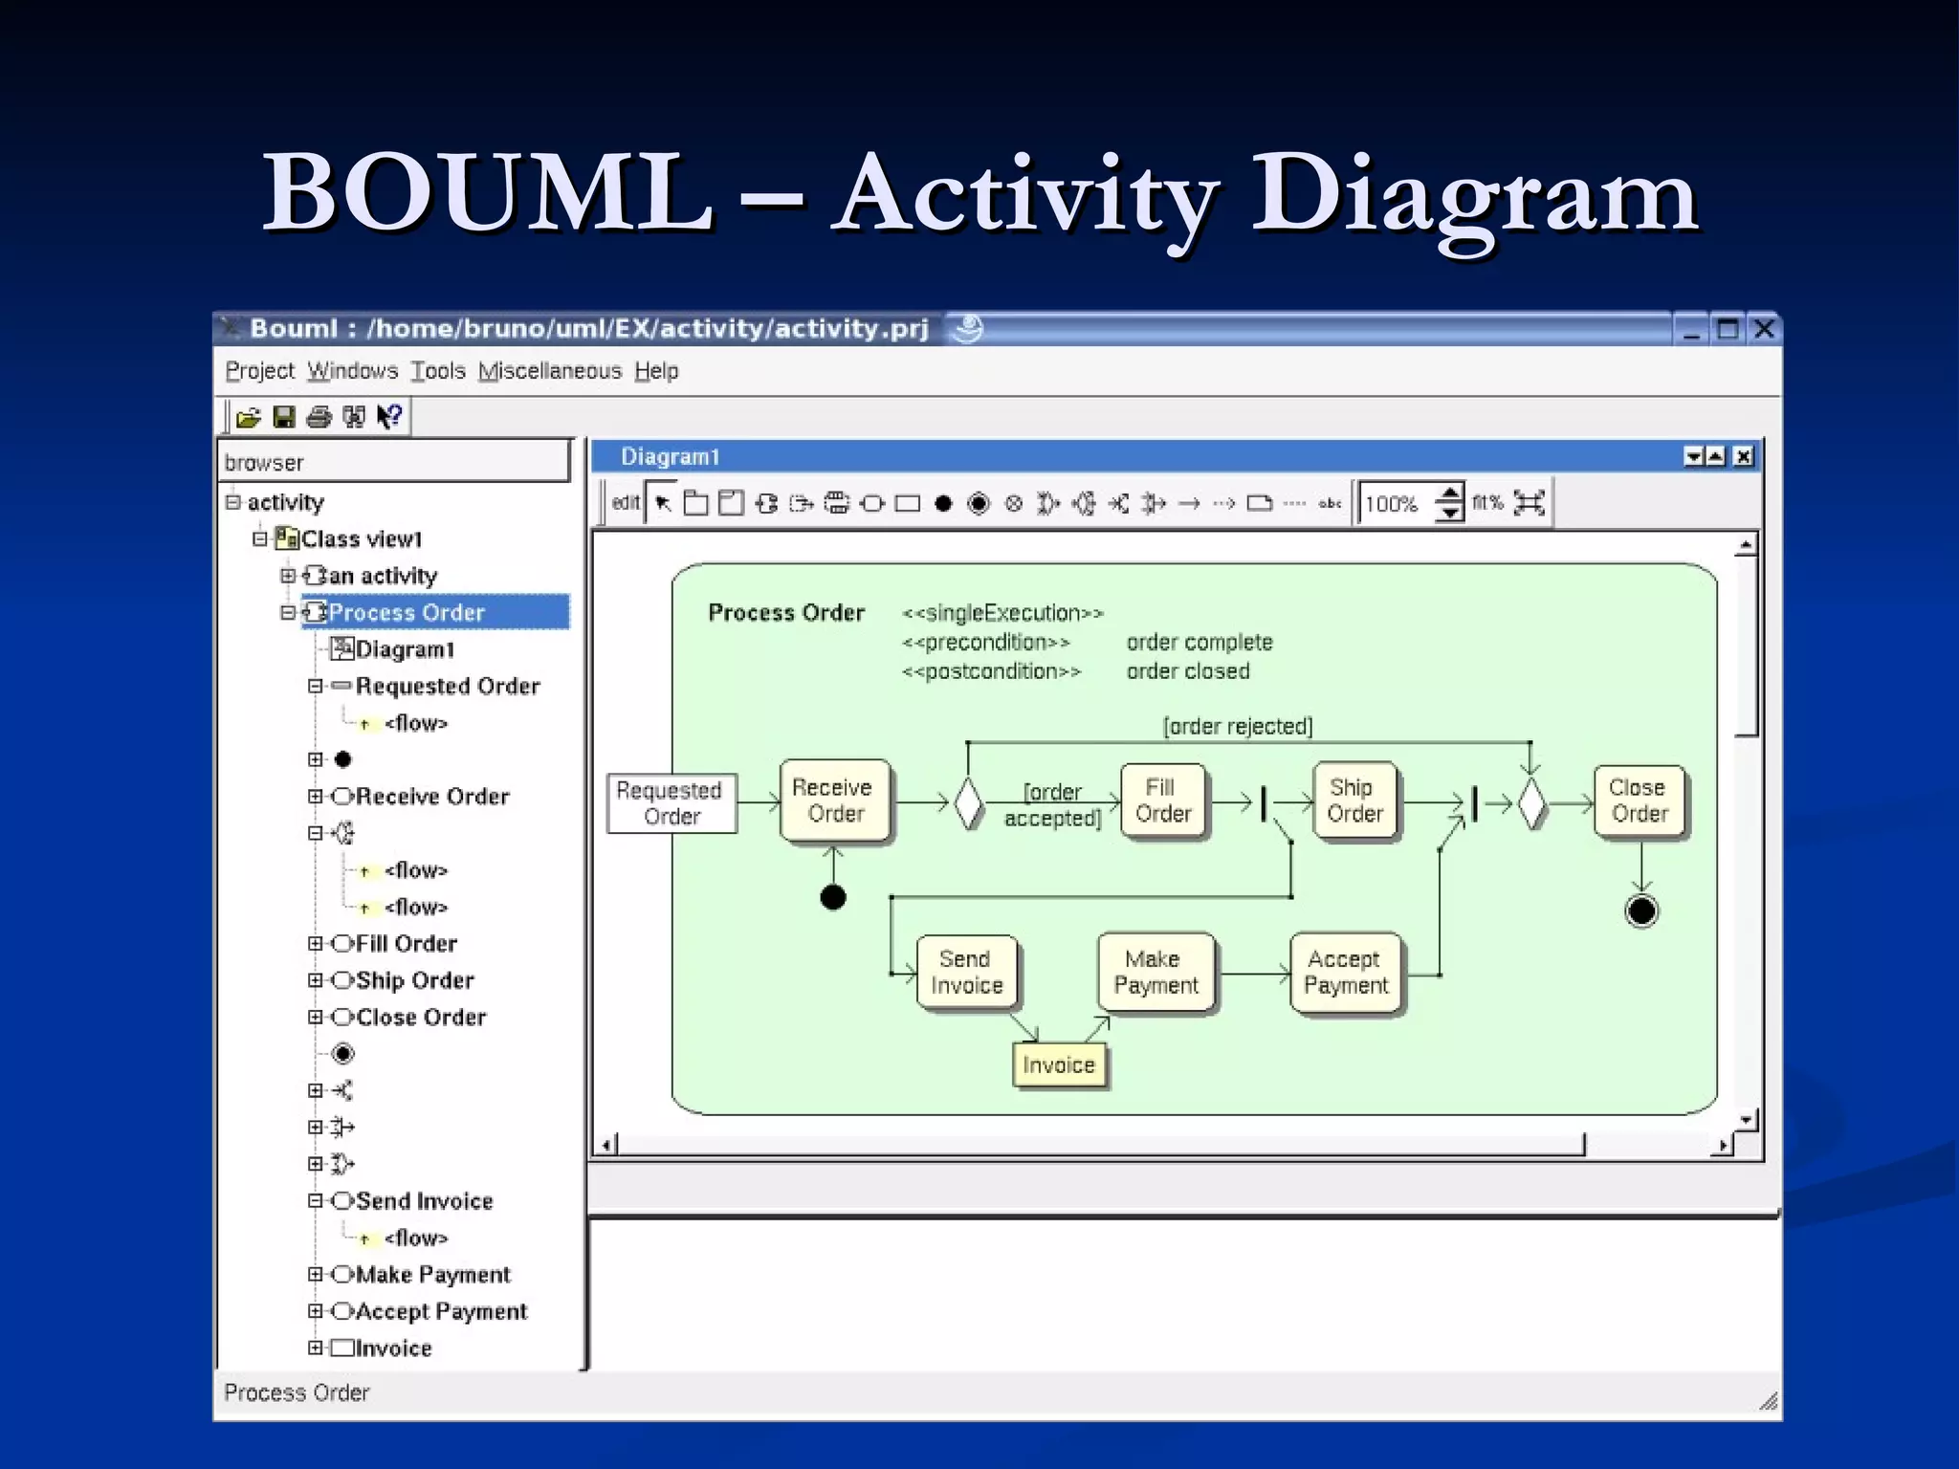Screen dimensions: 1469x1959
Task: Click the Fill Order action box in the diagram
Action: click(x=1162, y=801)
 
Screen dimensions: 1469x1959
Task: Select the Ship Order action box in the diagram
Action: click(x=1354, y=801)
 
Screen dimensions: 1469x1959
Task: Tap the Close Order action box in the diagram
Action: click(x=1639, y=801)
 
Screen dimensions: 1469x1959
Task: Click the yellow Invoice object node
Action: click(x=1058, y=1065)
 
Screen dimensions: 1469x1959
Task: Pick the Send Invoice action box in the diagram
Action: click(x=966, y=973)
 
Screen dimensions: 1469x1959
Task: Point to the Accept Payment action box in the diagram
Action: click(x=1345, y=973)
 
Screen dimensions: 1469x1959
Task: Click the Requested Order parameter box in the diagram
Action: click(x=671, y=803)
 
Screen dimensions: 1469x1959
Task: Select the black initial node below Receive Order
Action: click(x=833, y=897)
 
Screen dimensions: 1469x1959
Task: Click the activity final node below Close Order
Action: click(x=1641, y=911)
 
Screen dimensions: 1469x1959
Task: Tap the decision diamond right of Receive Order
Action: click(x=968, y=803)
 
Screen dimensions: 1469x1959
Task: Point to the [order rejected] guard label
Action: click(x=1238, y=727)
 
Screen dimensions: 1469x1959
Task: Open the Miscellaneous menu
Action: click(x=550, y=371)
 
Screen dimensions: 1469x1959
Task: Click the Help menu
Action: click(x=656, y=371)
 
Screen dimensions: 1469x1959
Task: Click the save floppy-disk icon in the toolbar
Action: click(x=283, y=417)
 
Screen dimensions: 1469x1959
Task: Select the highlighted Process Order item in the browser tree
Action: click(x=407, y=613)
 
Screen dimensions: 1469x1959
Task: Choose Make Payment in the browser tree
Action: click(x=432, y=1275)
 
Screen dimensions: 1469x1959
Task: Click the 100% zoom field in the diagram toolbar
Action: click(x=1394, y=504)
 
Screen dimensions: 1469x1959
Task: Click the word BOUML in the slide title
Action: click(x=488, y=193)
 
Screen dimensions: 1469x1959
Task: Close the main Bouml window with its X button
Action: click(x=1764, y=330)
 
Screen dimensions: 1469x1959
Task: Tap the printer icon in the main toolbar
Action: click(x=319, y=417)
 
